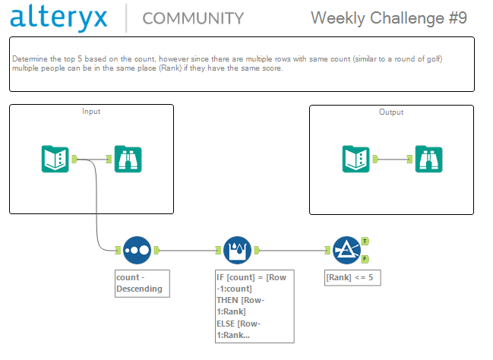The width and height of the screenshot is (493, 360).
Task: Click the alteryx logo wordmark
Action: click(x=58, y=17)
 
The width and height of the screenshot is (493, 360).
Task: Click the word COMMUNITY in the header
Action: click(x=193, y=18)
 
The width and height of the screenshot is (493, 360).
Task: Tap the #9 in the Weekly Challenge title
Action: click(x=458, y=18)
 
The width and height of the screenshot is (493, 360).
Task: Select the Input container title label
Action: click(x=91, y=112)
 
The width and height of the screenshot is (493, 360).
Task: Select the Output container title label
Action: click(x=391, y=112)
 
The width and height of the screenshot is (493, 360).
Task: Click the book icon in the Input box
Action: click(x=55, y=159)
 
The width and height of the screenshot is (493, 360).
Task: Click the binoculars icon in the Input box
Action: click(x=128, y=159)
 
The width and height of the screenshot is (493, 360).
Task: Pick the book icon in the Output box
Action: click(x=356, y=159)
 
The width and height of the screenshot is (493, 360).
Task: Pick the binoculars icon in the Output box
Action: click(x=429, y=159)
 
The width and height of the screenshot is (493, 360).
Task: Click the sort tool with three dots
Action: click(x=137, y=251)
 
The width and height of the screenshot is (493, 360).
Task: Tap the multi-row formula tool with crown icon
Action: click(x=237, y=251)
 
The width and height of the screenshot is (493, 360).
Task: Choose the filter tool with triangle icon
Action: click(x=346, y=251)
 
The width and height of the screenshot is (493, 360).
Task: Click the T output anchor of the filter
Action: click(x=365, y=242)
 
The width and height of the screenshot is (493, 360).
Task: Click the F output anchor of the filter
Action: click(x=365, y=259)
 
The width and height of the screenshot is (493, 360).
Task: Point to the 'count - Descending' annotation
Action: click(x=142, y=283)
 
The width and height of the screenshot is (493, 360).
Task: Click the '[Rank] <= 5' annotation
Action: click(x=352, y=278)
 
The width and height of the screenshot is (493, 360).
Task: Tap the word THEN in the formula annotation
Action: click(x=227, y=300)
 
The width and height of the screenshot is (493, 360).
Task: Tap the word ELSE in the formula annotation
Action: click(x=226, y=324)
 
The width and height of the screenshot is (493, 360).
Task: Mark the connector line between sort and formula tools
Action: click(x=188, y=251)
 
